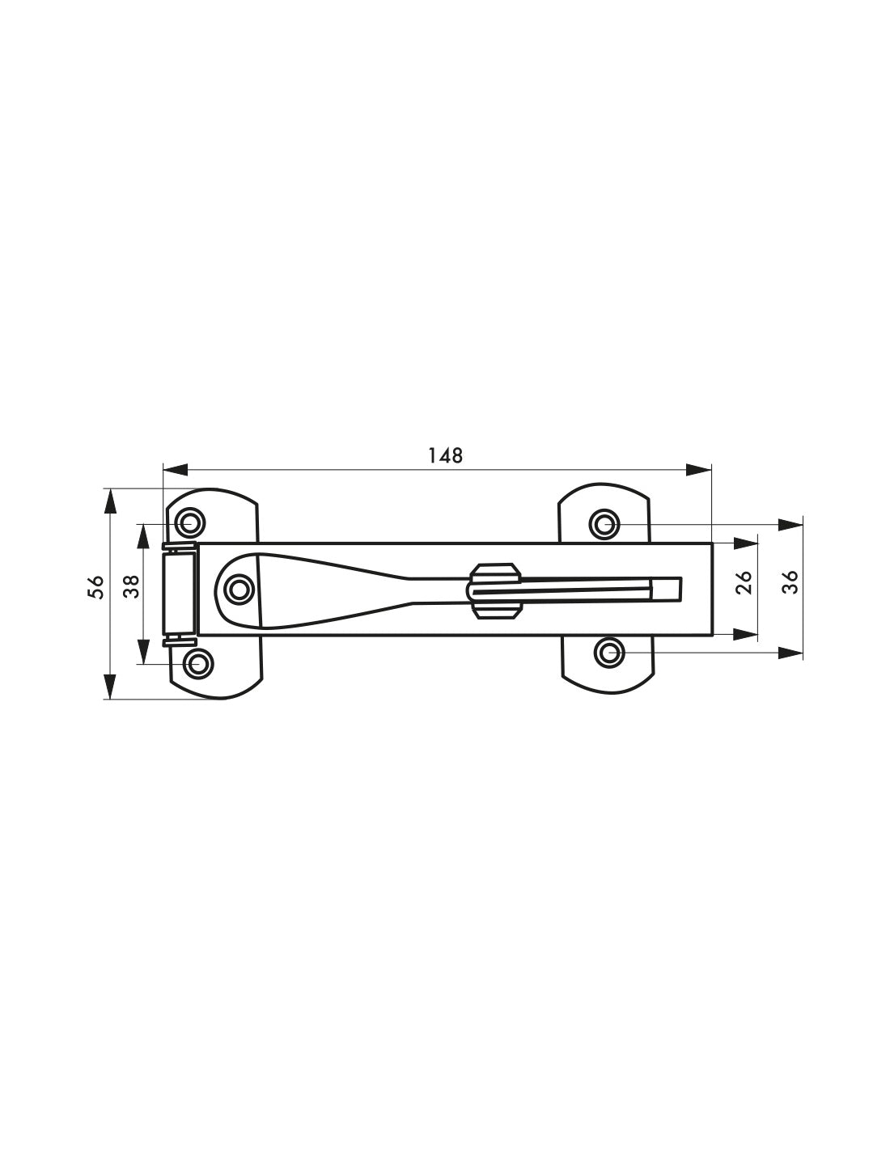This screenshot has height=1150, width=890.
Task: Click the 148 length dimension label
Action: point(445,455)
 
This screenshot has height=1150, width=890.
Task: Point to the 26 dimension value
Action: point(745,582)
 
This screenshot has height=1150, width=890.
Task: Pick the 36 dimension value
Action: point(792,582)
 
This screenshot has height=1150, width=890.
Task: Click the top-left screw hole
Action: point(191,522)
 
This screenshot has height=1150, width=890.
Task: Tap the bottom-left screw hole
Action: point(197,664)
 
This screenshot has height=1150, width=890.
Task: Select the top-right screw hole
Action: point(604,524)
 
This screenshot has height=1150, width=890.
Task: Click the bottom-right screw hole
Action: point(609,651)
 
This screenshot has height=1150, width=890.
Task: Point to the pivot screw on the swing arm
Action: point(238,589)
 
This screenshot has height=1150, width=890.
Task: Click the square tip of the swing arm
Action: point(668,590)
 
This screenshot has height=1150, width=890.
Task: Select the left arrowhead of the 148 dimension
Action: point(175,470)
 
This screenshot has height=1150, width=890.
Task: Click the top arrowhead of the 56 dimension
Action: point(108,501)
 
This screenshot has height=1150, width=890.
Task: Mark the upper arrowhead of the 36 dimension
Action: point(788,525)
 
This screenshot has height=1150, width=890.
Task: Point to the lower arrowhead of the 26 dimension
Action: point(744,633)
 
